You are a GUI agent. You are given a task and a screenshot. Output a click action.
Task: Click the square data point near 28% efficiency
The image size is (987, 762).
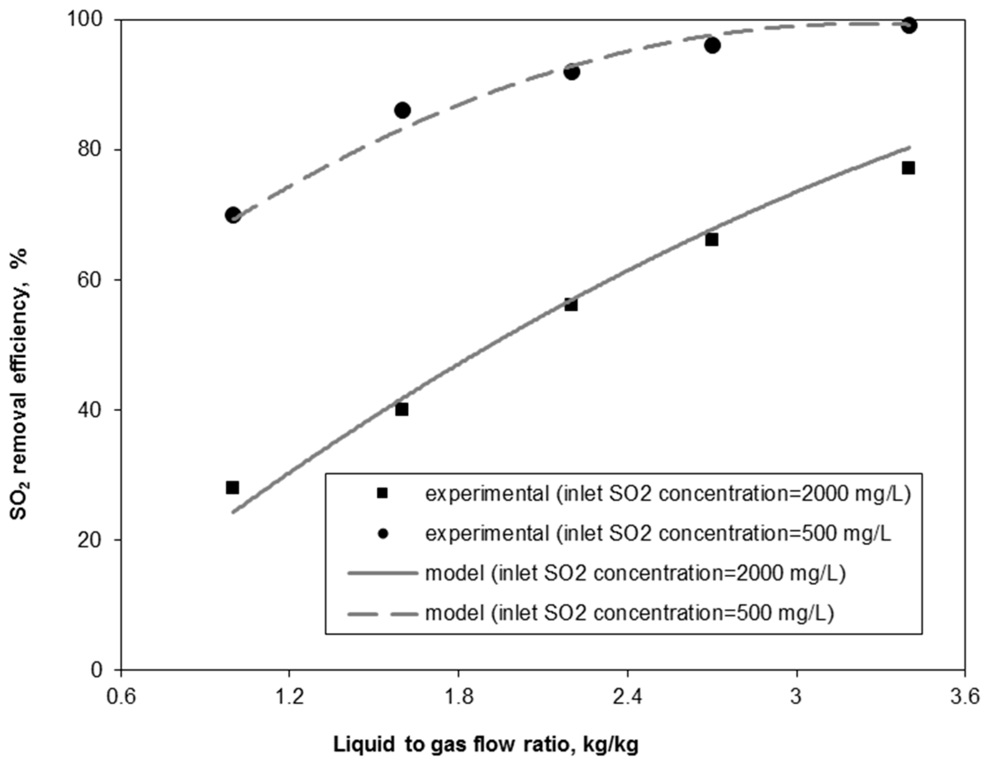point(232,487)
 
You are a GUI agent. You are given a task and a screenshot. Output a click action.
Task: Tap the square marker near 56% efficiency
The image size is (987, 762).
point(571,305)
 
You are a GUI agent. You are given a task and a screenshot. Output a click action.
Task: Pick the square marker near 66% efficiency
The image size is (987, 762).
point(712,239)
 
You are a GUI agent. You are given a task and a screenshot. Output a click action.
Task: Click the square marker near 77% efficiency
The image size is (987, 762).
point(908,168)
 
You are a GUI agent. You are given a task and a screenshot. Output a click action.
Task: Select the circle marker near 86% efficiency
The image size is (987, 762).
point(402,110)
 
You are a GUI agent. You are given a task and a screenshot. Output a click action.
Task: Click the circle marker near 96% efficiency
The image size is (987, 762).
point(712,45)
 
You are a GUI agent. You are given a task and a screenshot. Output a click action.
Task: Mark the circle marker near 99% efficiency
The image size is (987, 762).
point(909,25)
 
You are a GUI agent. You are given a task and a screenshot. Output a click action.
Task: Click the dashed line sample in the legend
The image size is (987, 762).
point(382,613)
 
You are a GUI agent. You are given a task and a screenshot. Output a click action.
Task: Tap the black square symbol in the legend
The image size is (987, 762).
point(382,494)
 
